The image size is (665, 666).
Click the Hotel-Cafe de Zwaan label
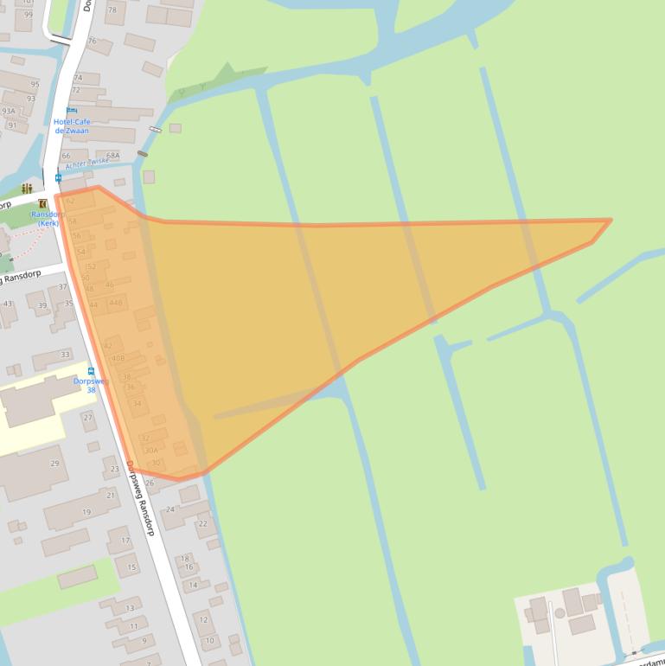click(72, 126)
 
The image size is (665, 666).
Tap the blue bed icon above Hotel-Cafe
click(72, 111)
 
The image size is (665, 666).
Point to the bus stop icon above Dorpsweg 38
click(92, 371)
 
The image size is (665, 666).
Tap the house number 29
click(54, 464)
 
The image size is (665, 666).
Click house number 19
click(86, 512)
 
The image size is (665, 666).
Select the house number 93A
click(9, 112)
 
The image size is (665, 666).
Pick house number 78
click(112, 9)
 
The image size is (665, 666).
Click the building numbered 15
click(132, 567)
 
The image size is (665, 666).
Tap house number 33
click(65, 355)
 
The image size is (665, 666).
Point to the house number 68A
click(112, 156)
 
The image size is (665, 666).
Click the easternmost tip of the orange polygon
click(611, 220)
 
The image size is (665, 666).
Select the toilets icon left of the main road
click(27, 188)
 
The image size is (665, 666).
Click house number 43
click(8, 304)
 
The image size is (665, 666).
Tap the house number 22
click(203, 523)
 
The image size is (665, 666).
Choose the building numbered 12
click(204, 619)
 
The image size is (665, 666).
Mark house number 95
click(35, 85)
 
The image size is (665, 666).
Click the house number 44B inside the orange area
click(116, 303)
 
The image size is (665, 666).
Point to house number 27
click(88, 418)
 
